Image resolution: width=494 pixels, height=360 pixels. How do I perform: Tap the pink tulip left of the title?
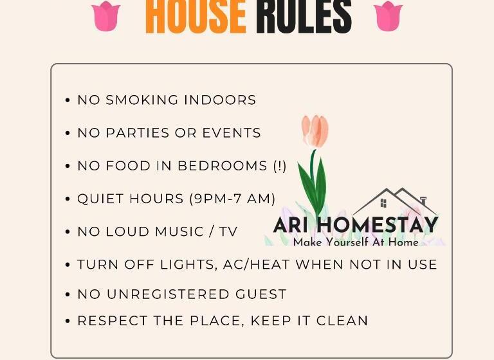pyautogui.click(x=106, y=15)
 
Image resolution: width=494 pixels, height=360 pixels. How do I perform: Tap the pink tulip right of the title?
pyautogui.click(x=388, y=15)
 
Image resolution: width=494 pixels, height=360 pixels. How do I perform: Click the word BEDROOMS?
pyautogui.click(x=223, y=166)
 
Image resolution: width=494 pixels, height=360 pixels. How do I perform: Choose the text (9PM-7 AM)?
pyautogui.click(x=232, y=199)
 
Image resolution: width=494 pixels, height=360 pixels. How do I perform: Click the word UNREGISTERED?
pyautogui.click(x=167, y=294)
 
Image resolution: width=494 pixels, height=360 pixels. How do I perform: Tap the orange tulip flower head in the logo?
pyautogui.click(x=315, y=130)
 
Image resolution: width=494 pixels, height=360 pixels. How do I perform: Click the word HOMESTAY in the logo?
pyautogui.click(x=378, y=225)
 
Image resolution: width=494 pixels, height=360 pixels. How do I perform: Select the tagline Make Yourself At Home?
pyautogui.click(x=356, y=242)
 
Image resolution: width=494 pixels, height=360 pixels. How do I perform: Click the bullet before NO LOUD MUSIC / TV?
pyautogui.click(x=68, y=232)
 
